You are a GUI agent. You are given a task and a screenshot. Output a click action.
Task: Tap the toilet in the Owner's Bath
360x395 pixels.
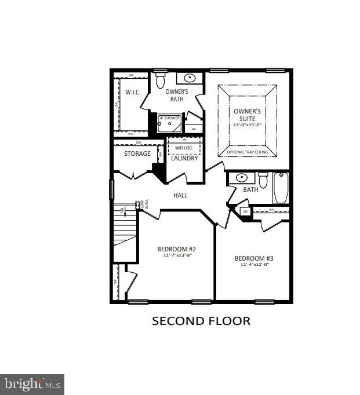tap(161, 81)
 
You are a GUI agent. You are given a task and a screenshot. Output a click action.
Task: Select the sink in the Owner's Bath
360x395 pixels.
tap(190, 78)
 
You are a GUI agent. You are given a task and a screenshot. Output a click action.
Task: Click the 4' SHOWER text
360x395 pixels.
tap(170, 118)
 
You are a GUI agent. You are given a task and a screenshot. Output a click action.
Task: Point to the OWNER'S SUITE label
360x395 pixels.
tap(248, 115)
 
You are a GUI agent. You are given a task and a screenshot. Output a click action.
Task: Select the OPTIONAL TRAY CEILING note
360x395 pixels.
tap(248, 152)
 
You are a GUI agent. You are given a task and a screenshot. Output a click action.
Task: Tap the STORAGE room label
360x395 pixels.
tap(137, 153)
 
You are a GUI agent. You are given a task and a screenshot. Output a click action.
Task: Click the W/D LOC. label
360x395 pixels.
tap(184, 148)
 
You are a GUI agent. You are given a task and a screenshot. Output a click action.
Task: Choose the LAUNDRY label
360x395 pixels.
tap(184, 158)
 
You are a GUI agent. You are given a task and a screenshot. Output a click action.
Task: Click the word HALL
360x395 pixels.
tap(180, 196)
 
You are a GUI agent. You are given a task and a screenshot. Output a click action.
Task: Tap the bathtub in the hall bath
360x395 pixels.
tap(281, 188)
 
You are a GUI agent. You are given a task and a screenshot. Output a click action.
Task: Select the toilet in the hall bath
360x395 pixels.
tap(263, 181)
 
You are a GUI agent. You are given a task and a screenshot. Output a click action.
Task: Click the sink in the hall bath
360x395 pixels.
tap(241, 178)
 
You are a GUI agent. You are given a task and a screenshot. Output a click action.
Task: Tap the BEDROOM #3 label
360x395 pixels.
tap(253, 258)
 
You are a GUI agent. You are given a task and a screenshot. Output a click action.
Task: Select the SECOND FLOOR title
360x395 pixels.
tap(201, 321)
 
